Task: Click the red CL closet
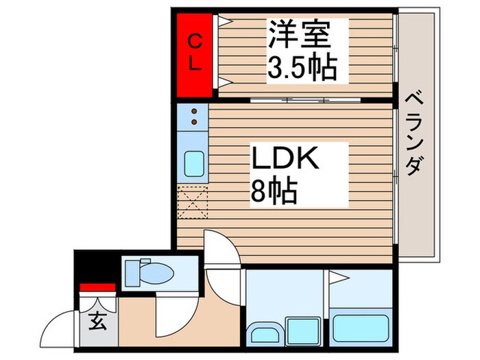tap(194, 55)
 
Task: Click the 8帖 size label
tap(274, 192)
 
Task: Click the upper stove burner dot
tap(194, 111)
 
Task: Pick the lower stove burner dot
tap(194, 123)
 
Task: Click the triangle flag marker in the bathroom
tap(338, 278)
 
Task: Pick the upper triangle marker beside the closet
tap(224, 20)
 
